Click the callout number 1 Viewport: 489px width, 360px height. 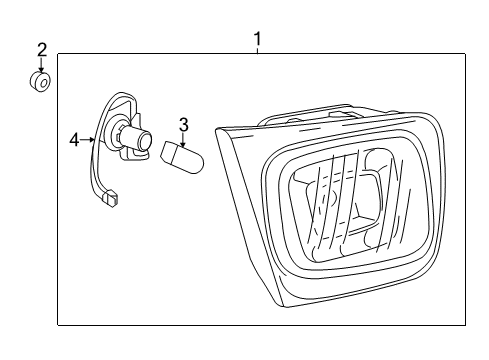(x=257, y=39)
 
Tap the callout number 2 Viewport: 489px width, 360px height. (x=42, y=49)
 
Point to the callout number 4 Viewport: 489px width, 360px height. (x=74, y=141)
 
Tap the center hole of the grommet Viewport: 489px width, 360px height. (x=38, y=83)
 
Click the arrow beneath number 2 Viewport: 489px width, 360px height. (x=42, y=65)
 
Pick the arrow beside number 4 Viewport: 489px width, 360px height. (x=88, y=141)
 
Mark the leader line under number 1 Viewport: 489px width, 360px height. (x=257, y=51)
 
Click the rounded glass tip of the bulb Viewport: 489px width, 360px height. (x=198, y=160)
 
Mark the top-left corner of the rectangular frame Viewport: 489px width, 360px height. (x=58, y=56)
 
